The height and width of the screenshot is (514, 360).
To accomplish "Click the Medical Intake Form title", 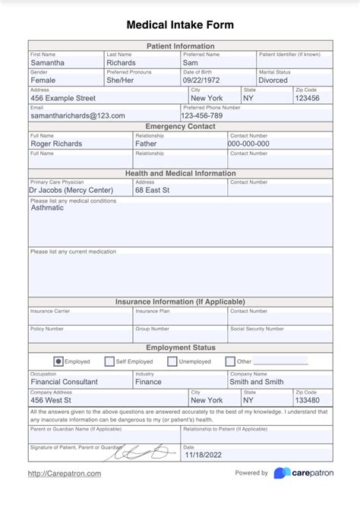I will [x=180, y=25].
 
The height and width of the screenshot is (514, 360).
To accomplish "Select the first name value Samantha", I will [x=48, y=63].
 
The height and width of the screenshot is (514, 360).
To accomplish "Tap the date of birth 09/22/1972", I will [x=201, y=80].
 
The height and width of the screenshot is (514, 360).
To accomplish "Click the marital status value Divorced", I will [x=273, y=80].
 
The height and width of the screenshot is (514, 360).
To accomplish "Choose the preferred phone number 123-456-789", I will [x=203, y=115].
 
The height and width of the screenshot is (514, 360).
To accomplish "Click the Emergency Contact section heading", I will [x=180, y=126].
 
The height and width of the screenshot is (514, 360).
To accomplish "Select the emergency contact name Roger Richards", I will [x=56, y=143].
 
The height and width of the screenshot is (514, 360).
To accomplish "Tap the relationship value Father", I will [x=146, y=143].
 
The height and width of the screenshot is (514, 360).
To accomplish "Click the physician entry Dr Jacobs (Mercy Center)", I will [x=71, y=191].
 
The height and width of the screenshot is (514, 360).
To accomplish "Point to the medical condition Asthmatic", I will [x=47, y=207].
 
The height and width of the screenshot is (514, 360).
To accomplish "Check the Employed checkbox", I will [x=58, y=361].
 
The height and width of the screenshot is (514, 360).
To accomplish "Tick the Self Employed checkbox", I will [x=110, y=361].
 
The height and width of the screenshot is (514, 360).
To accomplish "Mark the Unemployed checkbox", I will [x=172, y=361].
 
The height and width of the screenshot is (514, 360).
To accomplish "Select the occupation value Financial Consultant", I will [x=64, y=382].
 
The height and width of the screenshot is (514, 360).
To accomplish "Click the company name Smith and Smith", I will [x=257, y=382].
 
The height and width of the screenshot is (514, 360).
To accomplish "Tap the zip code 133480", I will [x=308, y=400].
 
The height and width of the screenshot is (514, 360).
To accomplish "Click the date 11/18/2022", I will [x=202, y=456].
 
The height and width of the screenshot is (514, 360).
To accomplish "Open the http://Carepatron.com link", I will [x=64, y=474].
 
